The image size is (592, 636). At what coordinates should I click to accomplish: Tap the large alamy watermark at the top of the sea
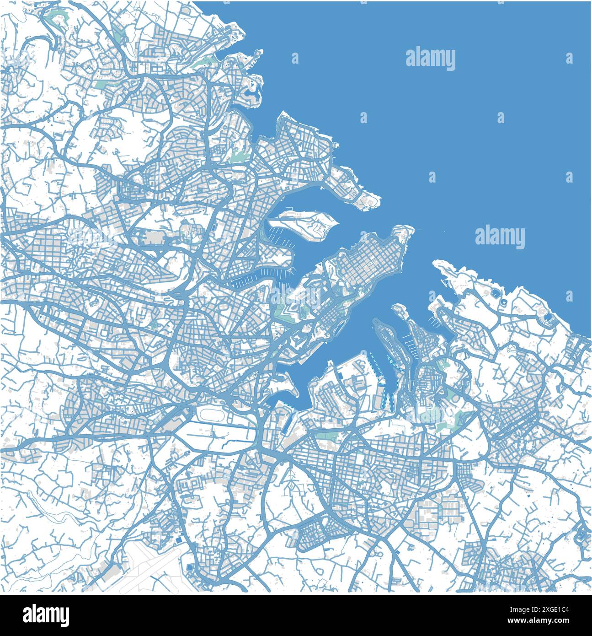point(430,59)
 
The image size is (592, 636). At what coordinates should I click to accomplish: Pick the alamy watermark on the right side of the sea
point(500,237)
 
